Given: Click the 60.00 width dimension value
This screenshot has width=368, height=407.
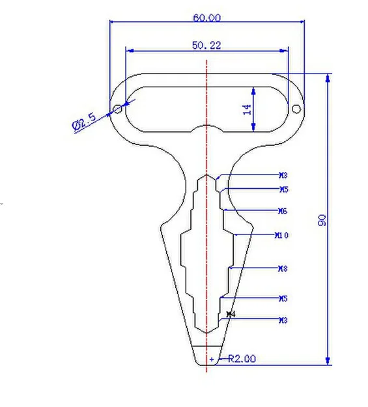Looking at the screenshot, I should (x=206, y=18).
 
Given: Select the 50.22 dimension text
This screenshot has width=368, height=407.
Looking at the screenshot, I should (x=206, y=45).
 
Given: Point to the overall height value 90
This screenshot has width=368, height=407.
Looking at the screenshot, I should (x=322, y=219).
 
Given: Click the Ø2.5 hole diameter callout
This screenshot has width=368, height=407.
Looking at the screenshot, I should (x=85, y=121).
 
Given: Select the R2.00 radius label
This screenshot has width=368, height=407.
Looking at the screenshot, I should (x=241, y=358).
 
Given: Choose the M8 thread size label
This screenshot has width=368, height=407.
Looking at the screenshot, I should (x=283, y=268).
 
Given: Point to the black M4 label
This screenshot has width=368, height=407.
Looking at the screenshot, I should (x=230, y=315).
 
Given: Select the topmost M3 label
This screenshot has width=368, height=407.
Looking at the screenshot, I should (x=283, y=175).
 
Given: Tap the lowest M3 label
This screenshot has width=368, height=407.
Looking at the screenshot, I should (x=283, y=320).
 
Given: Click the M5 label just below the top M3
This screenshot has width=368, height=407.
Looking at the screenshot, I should (x=283, y=189).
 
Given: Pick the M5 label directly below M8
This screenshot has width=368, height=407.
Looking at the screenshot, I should (x=283, y=298).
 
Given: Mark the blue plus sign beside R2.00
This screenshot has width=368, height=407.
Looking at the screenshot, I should (x=212, y=359).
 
